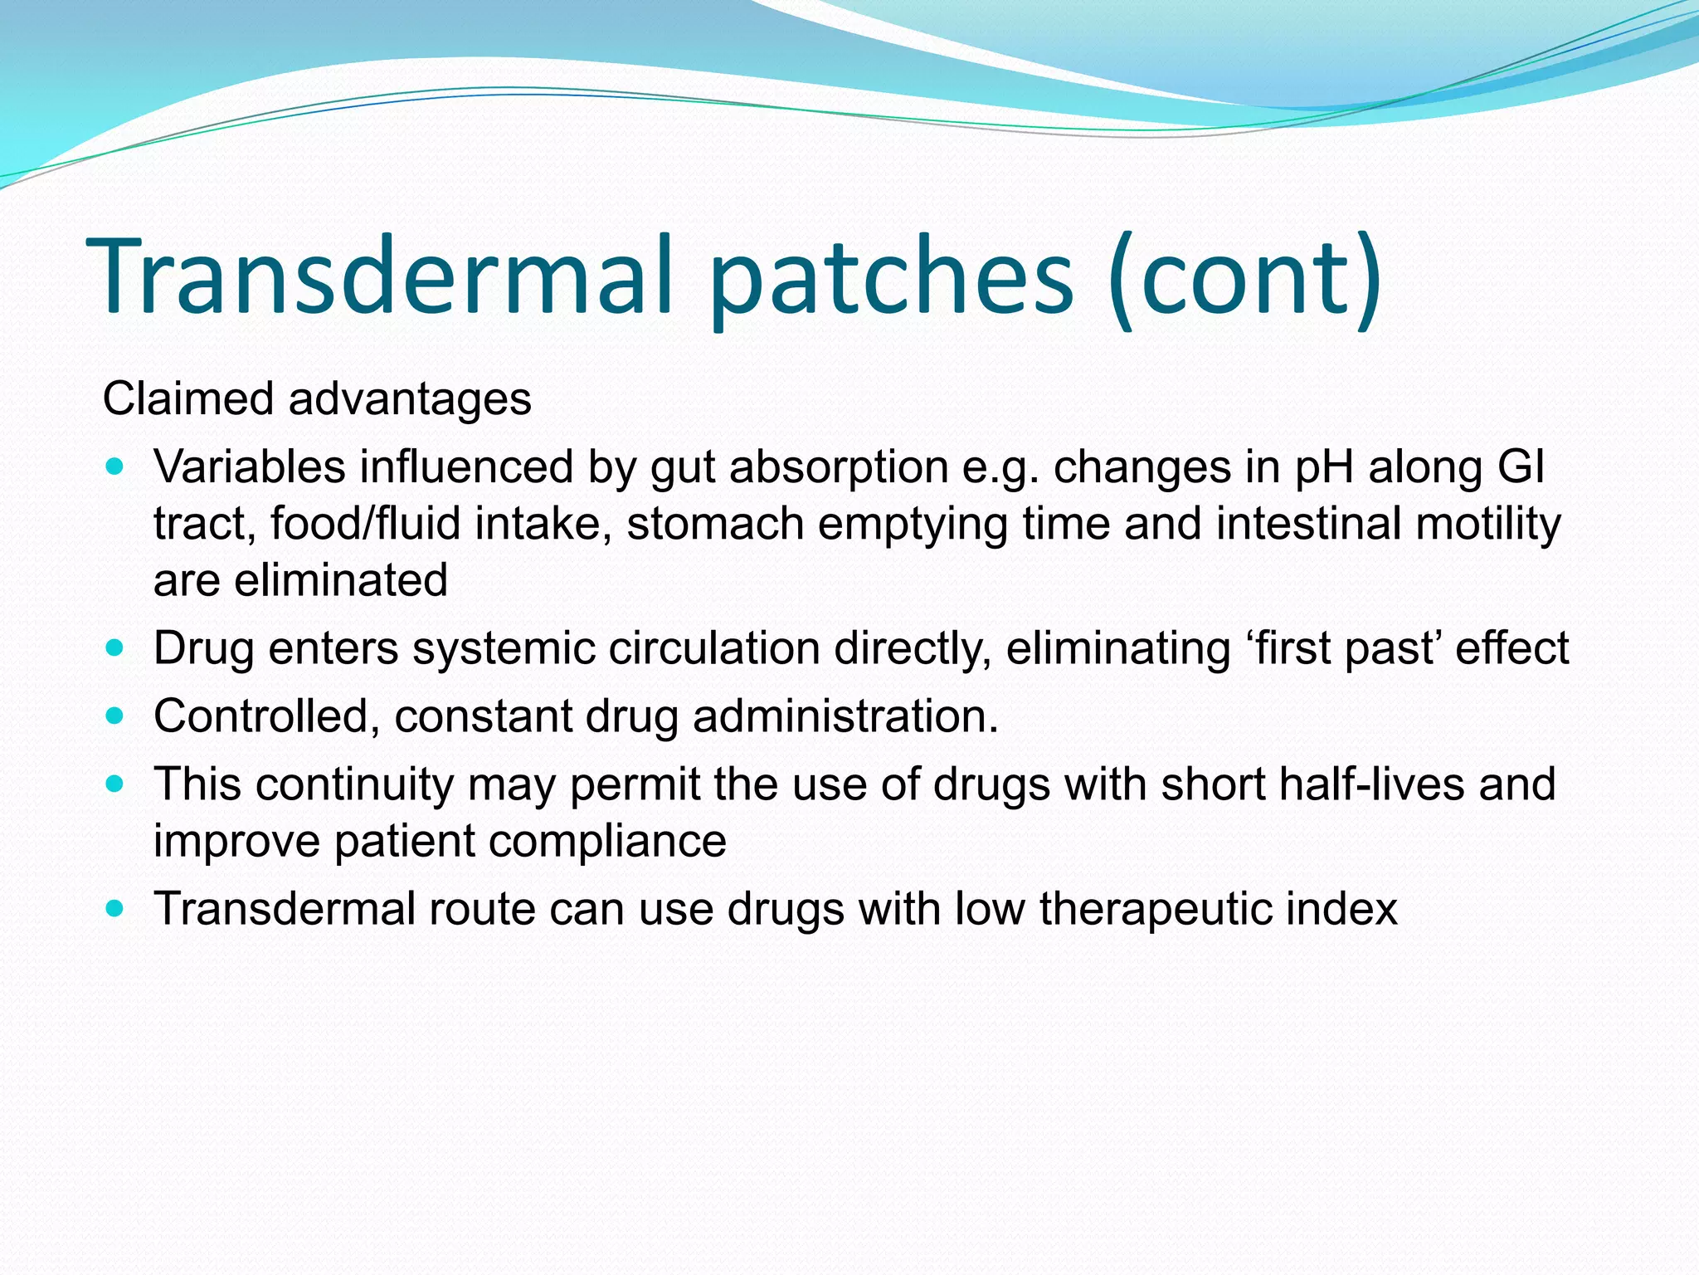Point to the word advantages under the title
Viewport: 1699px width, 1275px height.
410,399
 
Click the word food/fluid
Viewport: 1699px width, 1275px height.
365,524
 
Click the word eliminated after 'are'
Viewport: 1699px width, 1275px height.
341,580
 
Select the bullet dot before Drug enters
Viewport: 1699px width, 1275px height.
115,648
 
